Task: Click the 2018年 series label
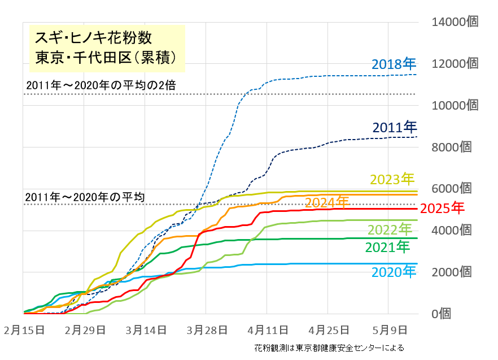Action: [x=394, y=64]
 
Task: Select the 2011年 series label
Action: [x=394, y=127]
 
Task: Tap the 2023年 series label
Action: [x=392, y=180]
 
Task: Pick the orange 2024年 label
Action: [x=327, y=202]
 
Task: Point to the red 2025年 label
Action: [x=443, y=208]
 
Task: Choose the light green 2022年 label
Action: [x=390, y=229]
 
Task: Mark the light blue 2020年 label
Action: [x=394, y=272]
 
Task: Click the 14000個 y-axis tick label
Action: [x=455, y=22]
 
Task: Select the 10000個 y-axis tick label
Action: [x=455, y=105]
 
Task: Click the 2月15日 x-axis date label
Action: [x=24, y=329]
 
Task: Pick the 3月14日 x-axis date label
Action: [x=146, y=329]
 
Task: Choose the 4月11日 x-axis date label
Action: [x=268, y=329]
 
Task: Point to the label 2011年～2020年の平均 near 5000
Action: [x=85, y=197]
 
